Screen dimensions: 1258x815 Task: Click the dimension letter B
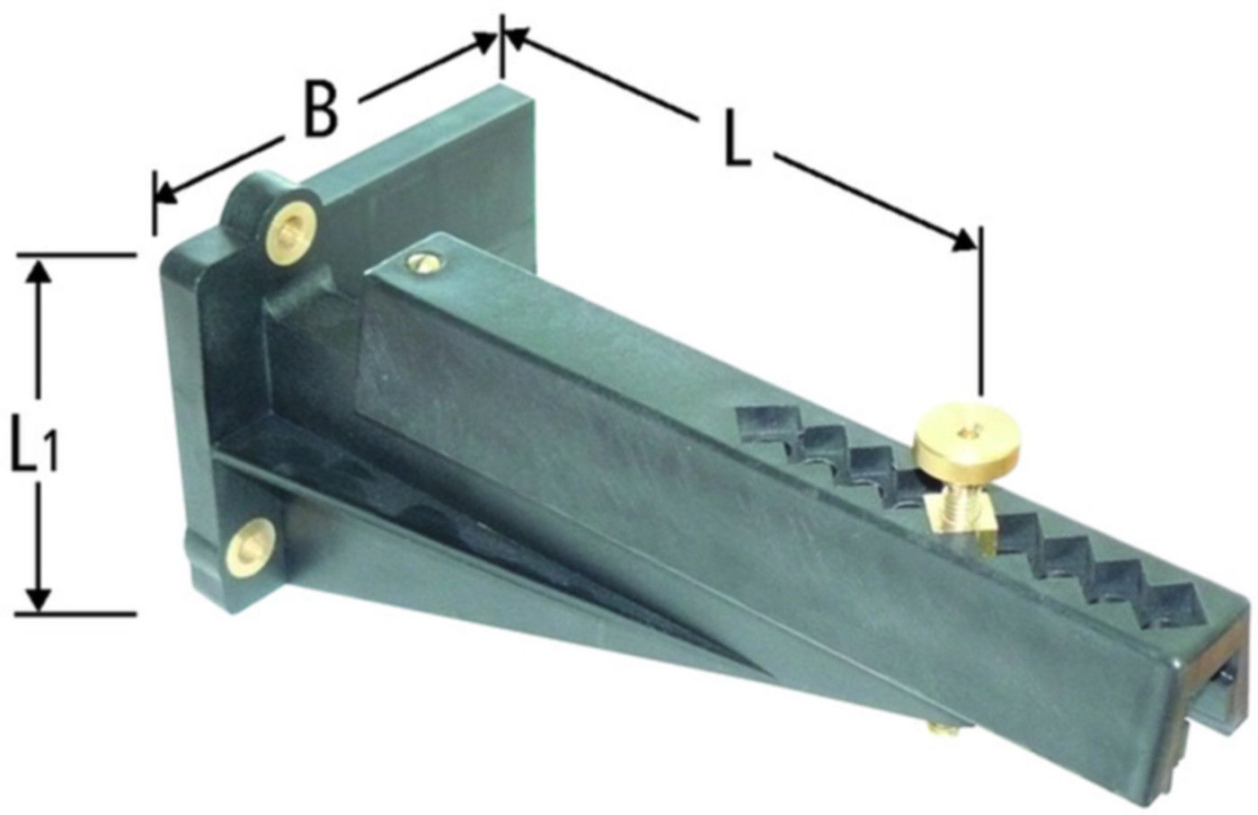(321, 109)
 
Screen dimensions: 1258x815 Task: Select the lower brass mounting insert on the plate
(251, 548)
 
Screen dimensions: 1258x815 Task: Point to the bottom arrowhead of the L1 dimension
(38, 597)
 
